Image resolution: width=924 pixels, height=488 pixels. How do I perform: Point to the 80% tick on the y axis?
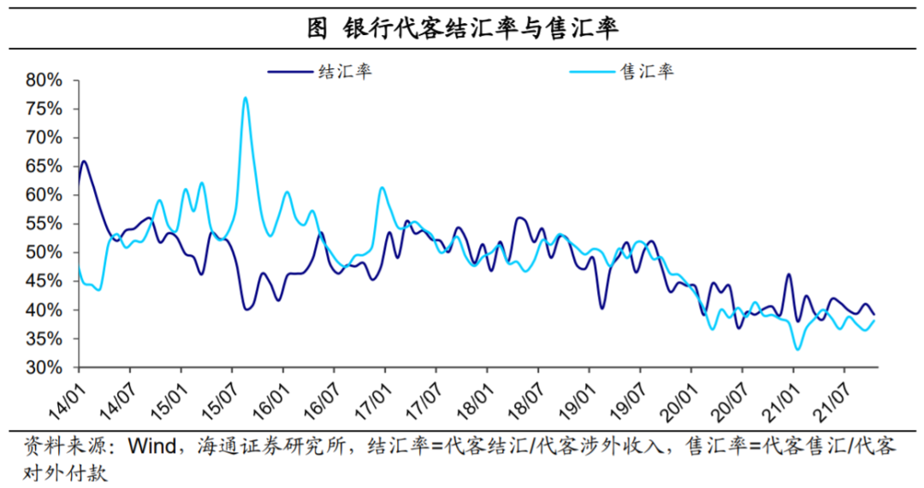tap(44, 80)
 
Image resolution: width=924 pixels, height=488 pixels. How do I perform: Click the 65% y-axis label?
tap(44, 167)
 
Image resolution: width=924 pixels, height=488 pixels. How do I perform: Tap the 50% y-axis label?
tap(44, 253)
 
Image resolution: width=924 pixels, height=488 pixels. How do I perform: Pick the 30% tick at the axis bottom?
tap(44, 368)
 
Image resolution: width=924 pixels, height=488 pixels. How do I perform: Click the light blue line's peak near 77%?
tap(246, 97)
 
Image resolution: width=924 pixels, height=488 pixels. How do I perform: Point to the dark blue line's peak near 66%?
tap(83, 161)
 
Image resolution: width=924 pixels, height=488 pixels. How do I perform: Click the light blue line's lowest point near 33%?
tap(797, 350)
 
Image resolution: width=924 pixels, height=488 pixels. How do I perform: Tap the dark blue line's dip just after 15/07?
tap(247, 309)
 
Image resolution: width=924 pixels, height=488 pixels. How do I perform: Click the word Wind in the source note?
tap(153, 447)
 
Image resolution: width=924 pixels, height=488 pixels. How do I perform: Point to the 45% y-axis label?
tap(44, 282)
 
